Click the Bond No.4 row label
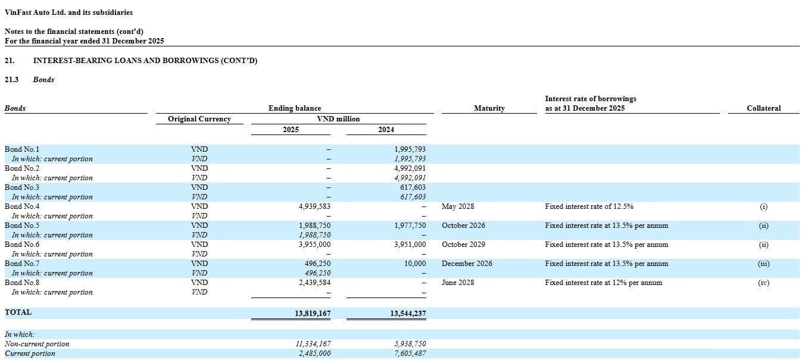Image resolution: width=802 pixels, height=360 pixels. point(22,206)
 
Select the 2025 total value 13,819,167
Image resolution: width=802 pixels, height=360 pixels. point(313,314)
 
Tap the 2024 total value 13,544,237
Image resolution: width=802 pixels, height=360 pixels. point(408,314)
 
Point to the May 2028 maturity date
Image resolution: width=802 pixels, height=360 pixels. point(458,206)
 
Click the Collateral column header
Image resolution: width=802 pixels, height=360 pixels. point(764,108)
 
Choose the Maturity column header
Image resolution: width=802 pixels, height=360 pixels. point(489,108)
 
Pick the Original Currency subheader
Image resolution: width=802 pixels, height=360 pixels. point(199,119)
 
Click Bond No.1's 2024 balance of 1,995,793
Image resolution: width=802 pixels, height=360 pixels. point(410,149)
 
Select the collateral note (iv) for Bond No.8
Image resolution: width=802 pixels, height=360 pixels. point(764,283)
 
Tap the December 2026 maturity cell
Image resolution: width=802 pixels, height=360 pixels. point(467,264)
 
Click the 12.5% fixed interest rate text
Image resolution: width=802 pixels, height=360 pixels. point(589,206)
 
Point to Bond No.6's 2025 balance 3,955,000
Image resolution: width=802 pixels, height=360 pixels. point(315,245)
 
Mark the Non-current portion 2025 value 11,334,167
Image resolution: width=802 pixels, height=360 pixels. point(313,344)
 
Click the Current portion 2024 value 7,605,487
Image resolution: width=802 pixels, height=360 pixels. point(410,353)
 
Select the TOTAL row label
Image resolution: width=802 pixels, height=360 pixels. point(18,312)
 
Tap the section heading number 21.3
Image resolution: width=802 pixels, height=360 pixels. point(11,80)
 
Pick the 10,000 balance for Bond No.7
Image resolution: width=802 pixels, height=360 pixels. point(416,264)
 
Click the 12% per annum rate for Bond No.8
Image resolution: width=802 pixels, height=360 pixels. point(604,283)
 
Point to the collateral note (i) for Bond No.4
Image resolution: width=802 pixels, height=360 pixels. point(764,206)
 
